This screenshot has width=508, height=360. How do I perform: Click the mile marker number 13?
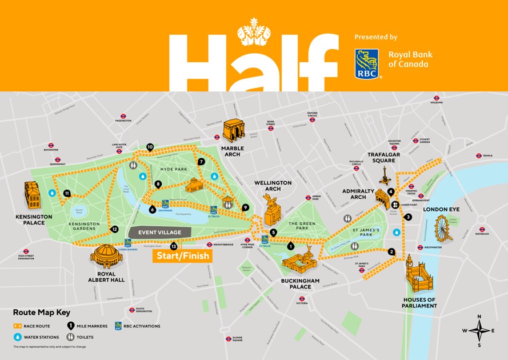pyautogui.click(x=174, y=247)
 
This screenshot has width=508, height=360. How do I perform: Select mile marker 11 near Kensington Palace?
pyautogui.click(x=67, y=193)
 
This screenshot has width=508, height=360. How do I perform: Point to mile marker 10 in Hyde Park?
pyautogui.click(x=150, y=147)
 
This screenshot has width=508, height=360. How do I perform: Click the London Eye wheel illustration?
pyautogui.click(x=443, y=227)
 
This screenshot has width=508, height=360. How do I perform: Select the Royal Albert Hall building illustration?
pyautogui.click(x=106, y=256)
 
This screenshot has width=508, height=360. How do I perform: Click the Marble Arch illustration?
pyautogui.click(x=233, y=131)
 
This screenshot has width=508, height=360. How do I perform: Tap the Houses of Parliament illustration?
pyautogui.click(x=420, y=280)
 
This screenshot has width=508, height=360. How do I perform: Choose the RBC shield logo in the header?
pyautogui.click(x=366, y=63)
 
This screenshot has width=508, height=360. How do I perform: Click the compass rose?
pyautogui.click(x=479, y=330)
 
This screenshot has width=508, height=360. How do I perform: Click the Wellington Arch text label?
pyautogui.click(x=273, y=186)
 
